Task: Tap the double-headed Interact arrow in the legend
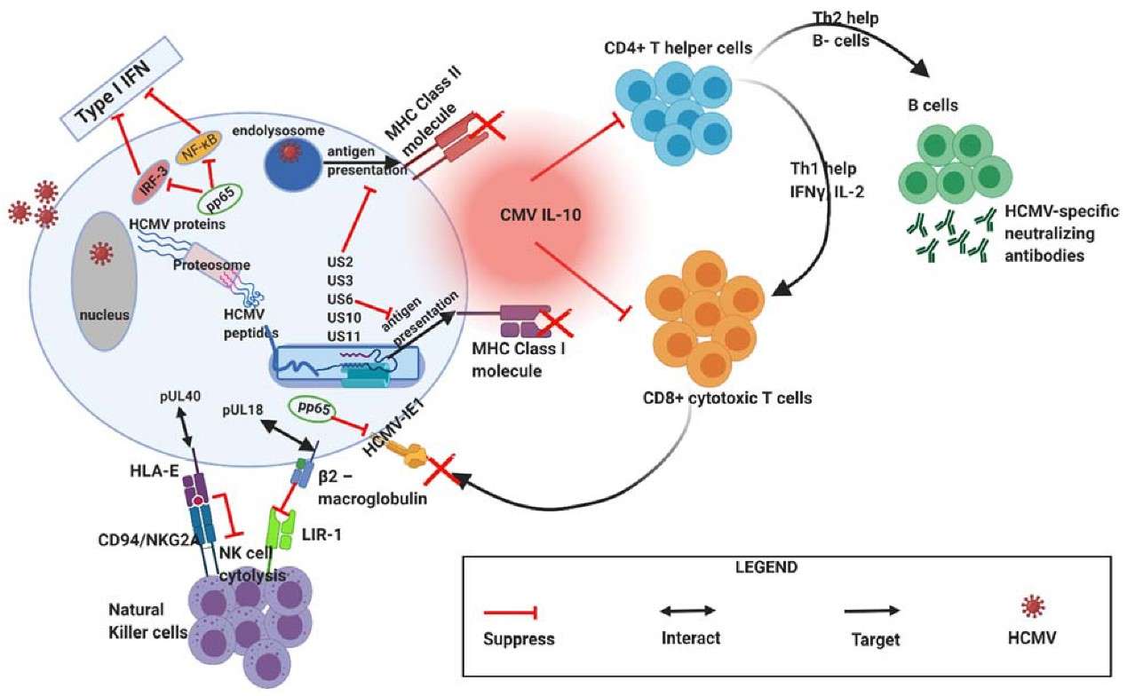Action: (x=687, y=611)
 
